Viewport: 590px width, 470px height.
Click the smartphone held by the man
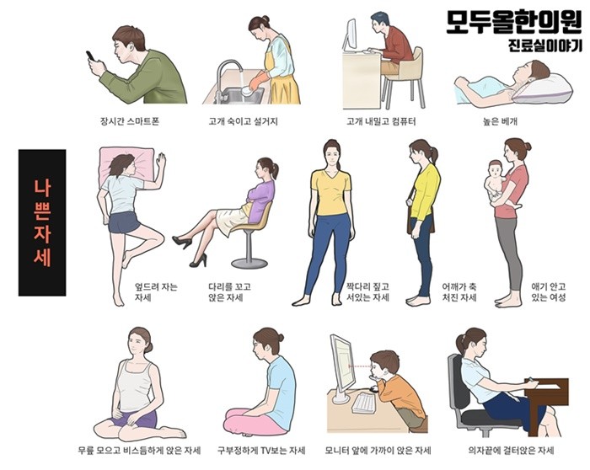[x=90, y=56]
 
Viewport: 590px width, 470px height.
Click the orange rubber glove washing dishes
[x=259, y=81]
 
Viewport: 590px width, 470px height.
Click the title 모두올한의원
[x=514, y=21]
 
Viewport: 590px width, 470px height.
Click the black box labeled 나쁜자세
[x=42, y=222]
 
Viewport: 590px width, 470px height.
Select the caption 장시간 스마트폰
[x=130, y=121]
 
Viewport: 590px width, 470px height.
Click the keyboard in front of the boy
[x=364, y=403]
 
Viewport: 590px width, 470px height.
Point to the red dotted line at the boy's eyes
[x=361, y=366]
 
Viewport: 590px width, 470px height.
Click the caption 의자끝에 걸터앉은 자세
[x=511, y=450]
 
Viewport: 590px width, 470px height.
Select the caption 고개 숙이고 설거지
[x=243, y=121]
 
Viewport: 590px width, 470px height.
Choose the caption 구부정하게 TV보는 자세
[x=261, y=450]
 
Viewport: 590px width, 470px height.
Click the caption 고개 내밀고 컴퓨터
[x=381, y=121]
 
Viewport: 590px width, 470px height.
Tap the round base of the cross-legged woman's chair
[x=249, y=263]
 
